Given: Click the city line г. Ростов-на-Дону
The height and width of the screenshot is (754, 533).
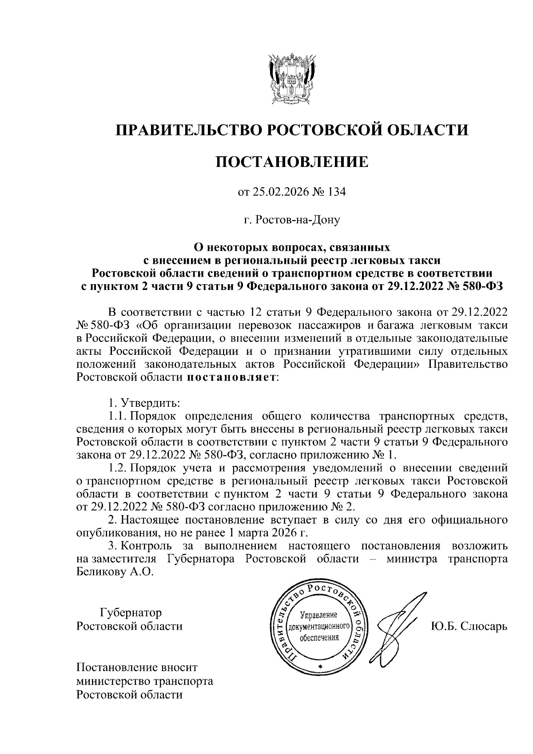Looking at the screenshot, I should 292,220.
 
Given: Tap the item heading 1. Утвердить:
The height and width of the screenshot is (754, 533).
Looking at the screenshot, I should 143,404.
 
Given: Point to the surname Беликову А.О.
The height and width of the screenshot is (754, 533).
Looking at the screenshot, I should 115,571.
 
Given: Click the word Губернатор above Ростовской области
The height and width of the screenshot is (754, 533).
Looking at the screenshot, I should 131,613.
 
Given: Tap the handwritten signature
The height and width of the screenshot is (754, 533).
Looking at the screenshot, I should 395,624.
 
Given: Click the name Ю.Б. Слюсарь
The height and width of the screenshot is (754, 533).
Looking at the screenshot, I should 468,626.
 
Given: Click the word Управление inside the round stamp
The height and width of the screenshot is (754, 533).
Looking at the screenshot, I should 319,615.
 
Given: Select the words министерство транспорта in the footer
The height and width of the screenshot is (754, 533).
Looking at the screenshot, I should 145,681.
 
